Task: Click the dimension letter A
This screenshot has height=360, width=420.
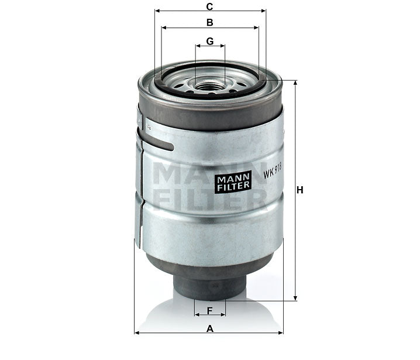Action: (x=209, y=328)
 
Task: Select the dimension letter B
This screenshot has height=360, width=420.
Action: (x=209, y=22)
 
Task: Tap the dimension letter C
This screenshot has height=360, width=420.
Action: (x=209, y=6)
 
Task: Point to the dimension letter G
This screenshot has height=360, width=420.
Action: (x=209, y=41)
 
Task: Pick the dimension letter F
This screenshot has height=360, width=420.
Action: (x=209, y=310)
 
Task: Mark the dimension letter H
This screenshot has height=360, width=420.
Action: (x=300, y=190)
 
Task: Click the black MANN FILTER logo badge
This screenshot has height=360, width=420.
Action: (x=233, y=181)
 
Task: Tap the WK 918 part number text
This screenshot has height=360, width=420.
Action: (x=273, y=173)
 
